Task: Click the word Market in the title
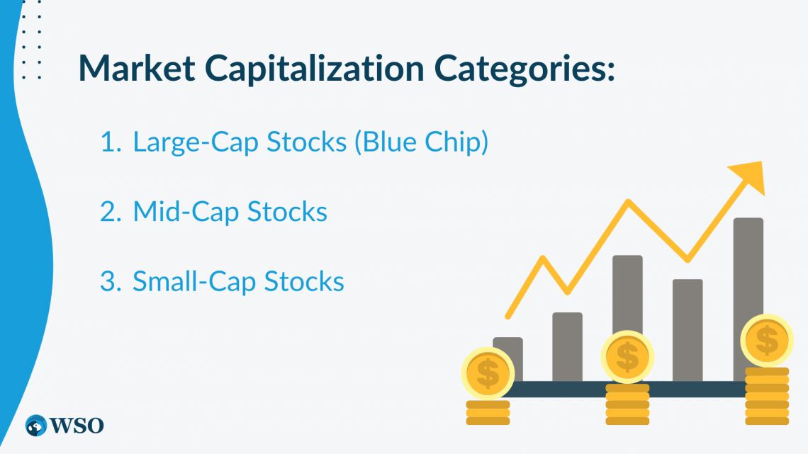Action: point(137,67)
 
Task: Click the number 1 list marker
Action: point(111,142)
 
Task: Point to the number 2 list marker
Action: point(111,212)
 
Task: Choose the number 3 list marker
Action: point(111,282)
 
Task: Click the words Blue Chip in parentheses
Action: point(422,142)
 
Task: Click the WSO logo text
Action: point(77,426)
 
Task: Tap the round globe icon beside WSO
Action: point(36,426)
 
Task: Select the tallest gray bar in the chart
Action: point(748,300)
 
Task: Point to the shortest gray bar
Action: point(507,359)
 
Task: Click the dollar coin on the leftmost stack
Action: point(488,373)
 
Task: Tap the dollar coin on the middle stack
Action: point(627,357)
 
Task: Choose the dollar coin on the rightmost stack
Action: point(767,340)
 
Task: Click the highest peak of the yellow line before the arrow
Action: point(628,200)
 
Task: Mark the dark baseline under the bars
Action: point(627,389)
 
